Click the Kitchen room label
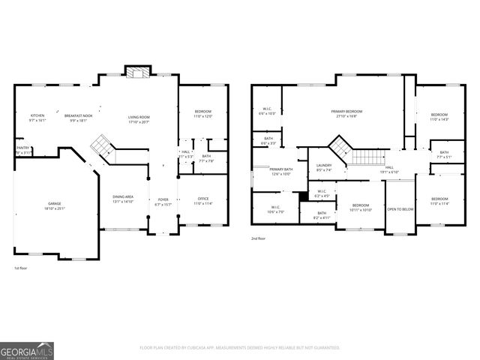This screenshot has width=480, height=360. click(x=37, y=116)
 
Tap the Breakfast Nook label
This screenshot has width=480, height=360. click(x=78, y=116)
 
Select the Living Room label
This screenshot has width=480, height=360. click(x=139, y=118)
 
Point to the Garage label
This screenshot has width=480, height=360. click(x=55, y=204)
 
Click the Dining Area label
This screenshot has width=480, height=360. click(x=122, y=199)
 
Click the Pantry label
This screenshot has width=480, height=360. click(x=22, y=150)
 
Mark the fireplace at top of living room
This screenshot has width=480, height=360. click(x=136, y=72)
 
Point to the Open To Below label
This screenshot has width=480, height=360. click(x=400, y=209)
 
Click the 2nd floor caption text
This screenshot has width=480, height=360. click(x=258, y=238)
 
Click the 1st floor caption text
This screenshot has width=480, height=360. click(x=21, y=268)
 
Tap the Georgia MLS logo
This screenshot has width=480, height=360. click(x=27, y=350)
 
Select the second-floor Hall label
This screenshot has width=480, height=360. click(x=389, y=169)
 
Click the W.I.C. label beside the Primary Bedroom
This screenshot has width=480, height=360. click(x=267, y=111)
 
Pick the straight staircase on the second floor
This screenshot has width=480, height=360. click(x=367, y=156)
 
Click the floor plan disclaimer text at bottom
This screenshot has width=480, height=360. click(x=240, y=347)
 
